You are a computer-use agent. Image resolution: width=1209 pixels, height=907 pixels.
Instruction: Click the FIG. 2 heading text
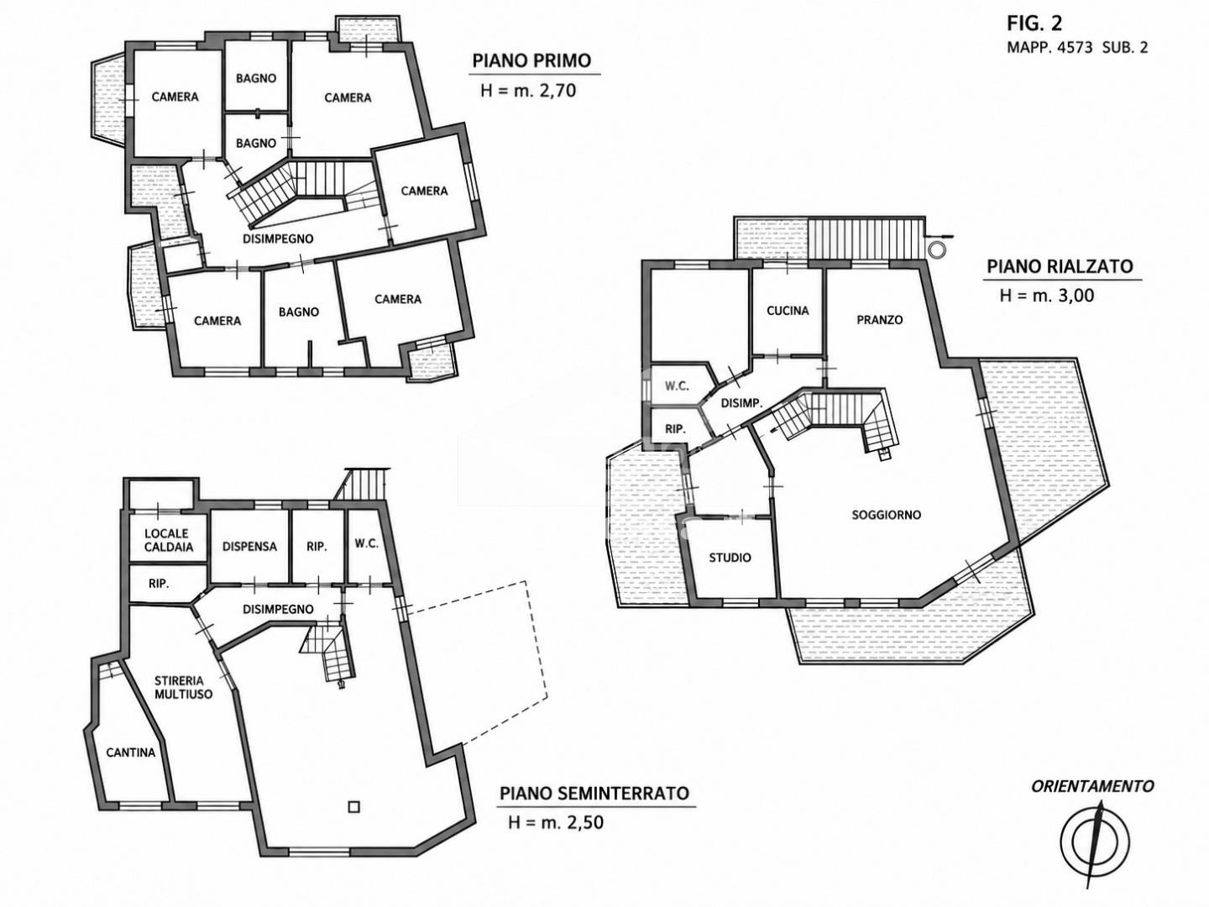pos(1034,24)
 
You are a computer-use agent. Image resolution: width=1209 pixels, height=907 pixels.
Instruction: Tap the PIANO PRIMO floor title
pos(531,60)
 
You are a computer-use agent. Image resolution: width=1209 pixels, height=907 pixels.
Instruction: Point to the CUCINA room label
pos(788,311)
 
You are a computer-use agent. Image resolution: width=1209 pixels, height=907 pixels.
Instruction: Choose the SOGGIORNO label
pos(887,515)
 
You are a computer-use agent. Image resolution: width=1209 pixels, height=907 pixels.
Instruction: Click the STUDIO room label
pos(730,558)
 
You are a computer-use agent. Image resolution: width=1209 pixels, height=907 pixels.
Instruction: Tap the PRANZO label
pos(880,320)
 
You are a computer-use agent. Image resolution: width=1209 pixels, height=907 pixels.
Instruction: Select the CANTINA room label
pos(130,752)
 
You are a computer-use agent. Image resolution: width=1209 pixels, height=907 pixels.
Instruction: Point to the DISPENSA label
pos(249,546)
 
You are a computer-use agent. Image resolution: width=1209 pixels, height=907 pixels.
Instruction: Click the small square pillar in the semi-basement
pos(353,807)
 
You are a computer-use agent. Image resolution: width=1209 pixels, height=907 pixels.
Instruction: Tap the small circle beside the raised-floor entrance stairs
pos(936,249)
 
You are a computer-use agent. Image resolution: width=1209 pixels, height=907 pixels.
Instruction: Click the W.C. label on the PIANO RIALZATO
pos(677,386)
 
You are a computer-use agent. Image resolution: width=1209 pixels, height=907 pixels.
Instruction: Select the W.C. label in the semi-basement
pos(366,543)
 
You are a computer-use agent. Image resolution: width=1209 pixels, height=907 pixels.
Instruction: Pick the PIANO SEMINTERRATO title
pos(594,794)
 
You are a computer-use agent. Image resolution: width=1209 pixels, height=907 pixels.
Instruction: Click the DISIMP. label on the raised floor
pos(741,403)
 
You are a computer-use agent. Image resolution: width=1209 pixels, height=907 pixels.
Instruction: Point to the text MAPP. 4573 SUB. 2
pos(1077,47)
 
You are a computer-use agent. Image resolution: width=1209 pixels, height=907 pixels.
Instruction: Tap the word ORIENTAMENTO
pos(1092,786)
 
